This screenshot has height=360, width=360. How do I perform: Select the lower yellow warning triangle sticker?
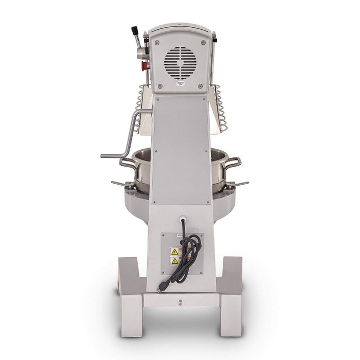pos(174,261)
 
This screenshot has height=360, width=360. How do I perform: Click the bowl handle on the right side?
pos(232,164)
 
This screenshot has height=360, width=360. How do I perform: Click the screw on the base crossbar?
pos(180,302)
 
